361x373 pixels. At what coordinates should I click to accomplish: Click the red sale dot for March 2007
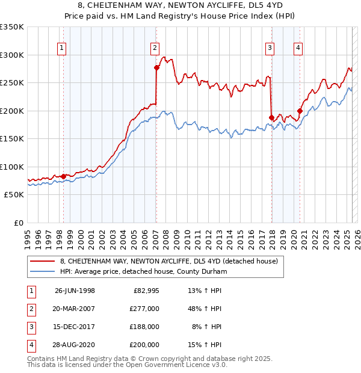pos(156,68)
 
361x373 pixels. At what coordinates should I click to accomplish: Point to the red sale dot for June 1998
pos(64,176)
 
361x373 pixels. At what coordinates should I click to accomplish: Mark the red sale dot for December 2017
pos(271,117)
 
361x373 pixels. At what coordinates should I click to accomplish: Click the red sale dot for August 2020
pos(300,111)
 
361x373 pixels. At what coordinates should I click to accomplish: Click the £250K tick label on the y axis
pos(12,82)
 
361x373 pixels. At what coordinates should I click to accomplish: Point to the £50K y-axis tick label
pos(14,194)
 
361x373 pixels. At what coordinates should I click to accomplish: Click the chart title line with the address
pos(180,7)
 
